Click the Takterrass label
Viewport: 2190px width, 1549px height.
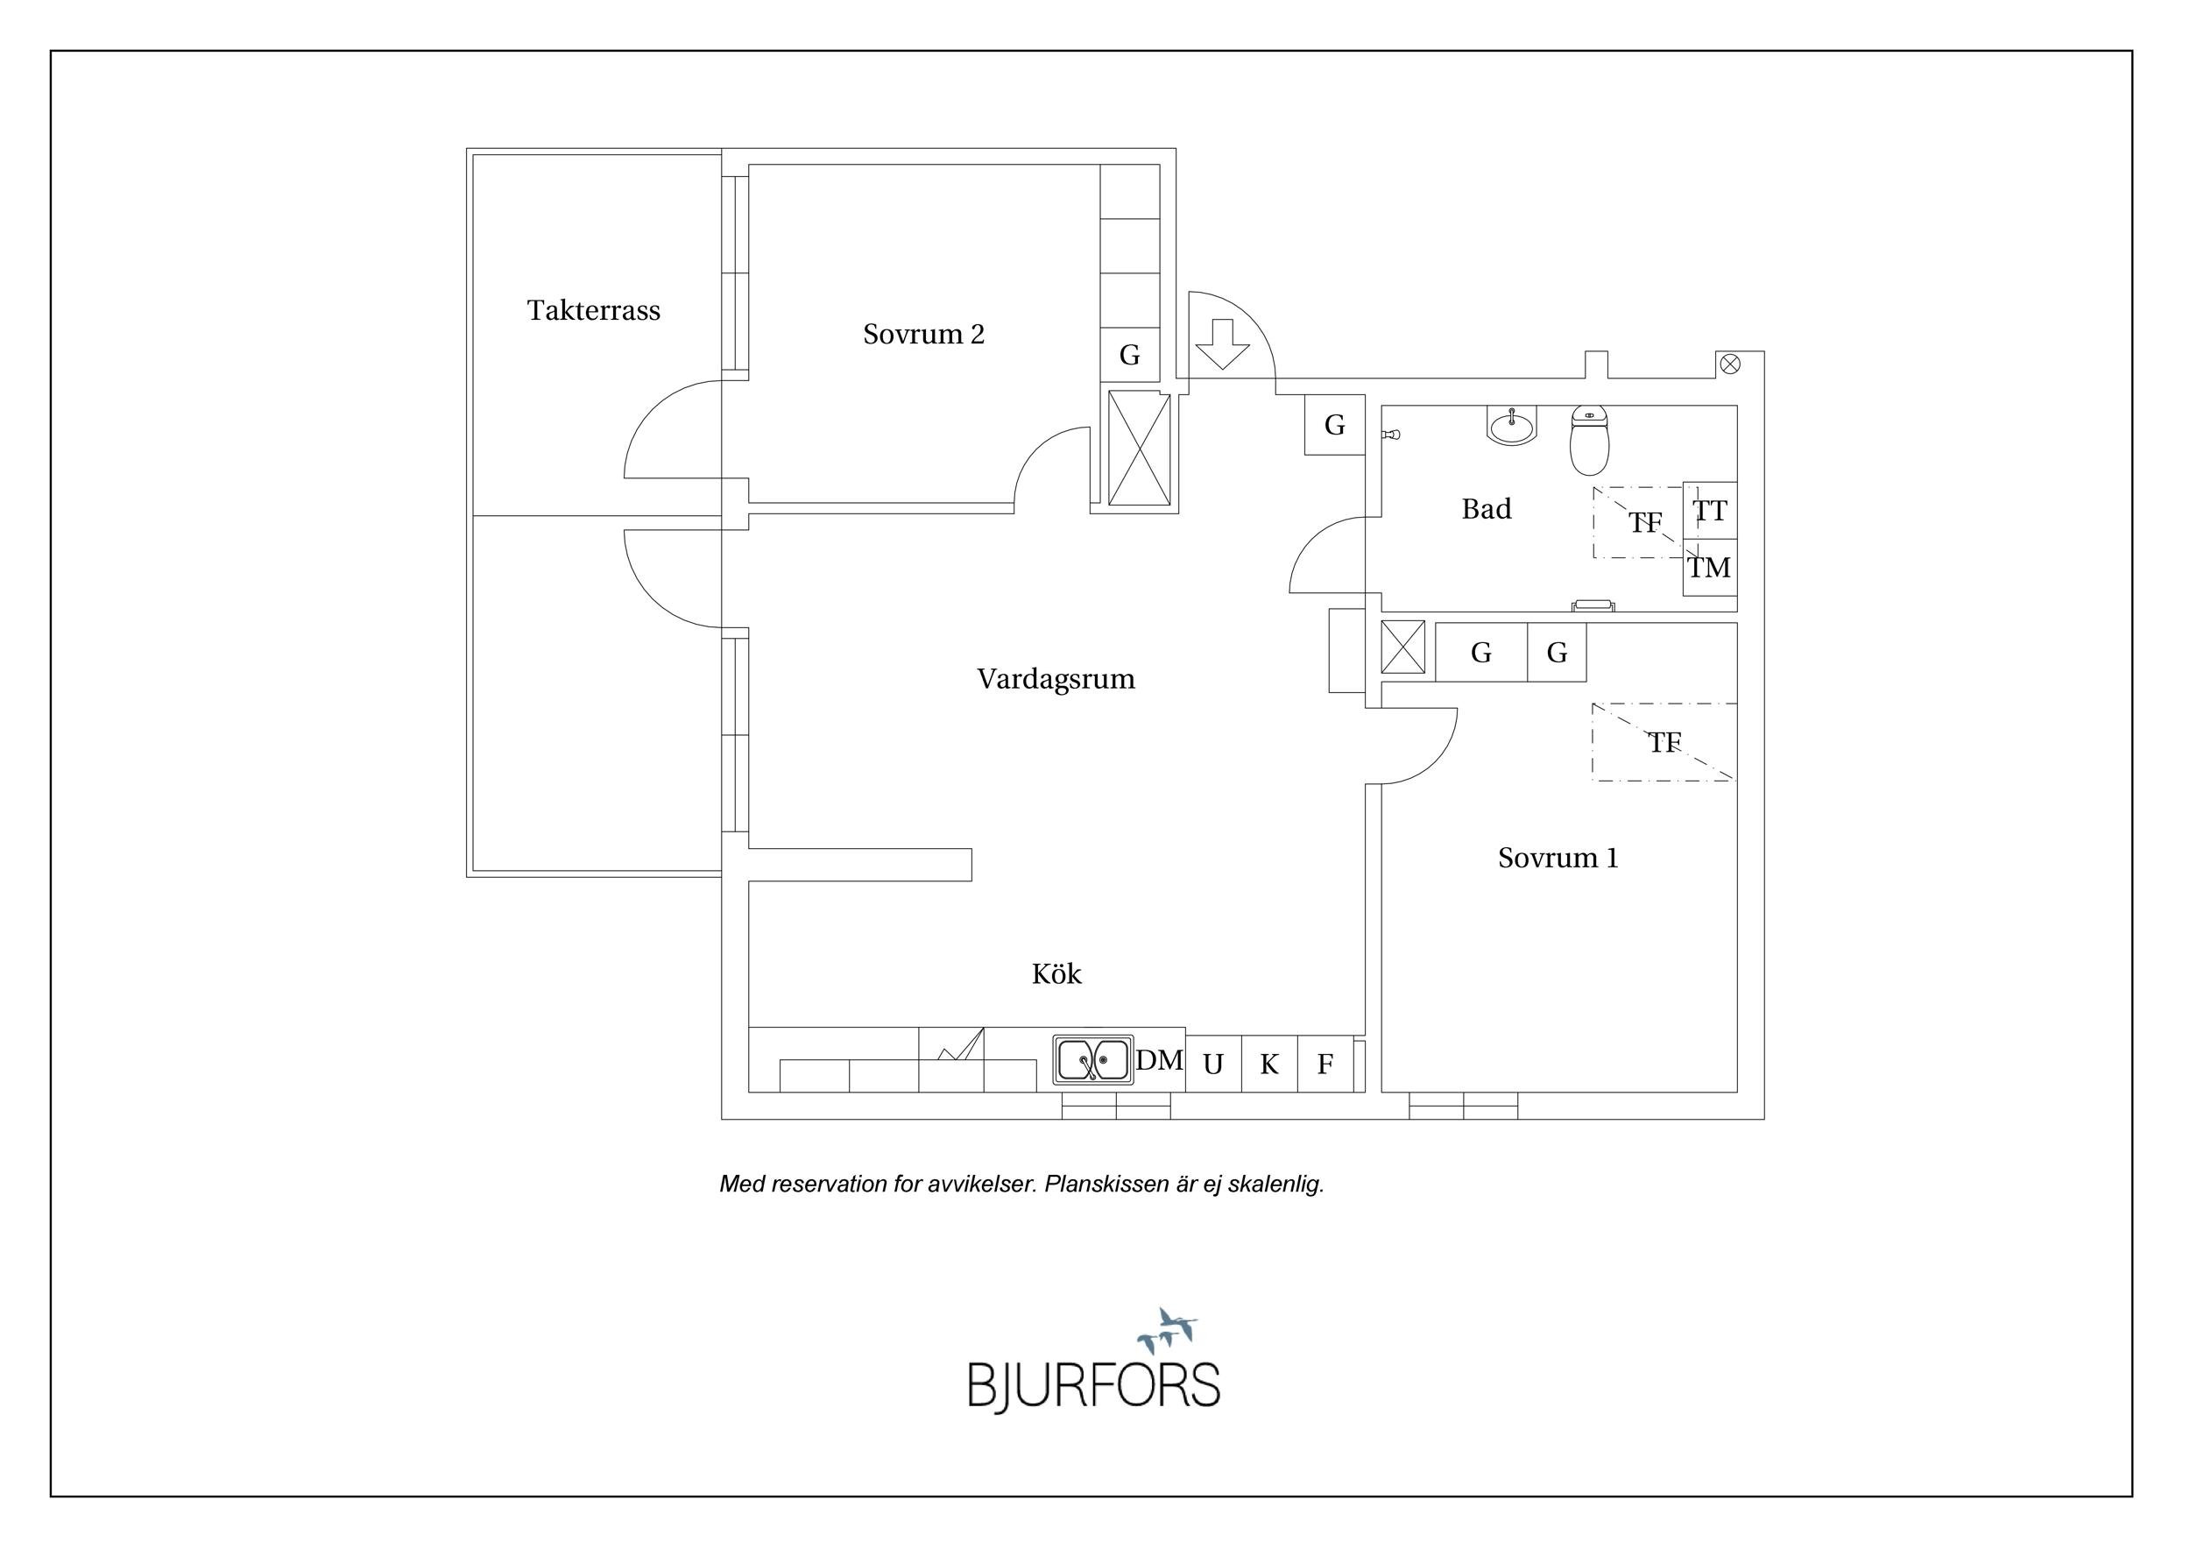click(x=593, y=310)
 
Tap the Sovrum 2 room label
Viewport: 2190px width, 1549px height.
click(x=923, y=334)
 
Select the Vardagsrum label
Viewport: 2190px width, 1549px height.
click(x=1056, y=679)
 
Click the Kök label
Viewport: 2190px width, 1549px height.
click(x=1056, y=974)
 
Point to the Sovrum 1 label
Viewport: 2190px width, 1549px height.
click(x=1558, y=858)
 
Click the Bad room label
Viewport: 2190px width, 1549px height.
click(x=1486, y=509)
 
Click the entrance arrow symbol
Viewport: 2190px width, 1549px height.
click(x=1222, y=343)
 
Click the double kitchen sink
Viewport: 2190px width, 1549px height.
click(x=1093, y=1060)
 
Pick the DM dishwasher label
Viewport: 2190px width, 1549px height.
click(x=1159, y=1060)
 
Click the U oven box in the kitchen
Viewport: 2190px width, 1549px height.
click(x=1212, y=1064)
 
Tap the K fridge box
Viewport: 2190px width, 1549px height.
click(x=1268, y=1064)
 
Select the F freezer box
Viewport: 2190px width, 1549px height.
click(x=1325, y=1064)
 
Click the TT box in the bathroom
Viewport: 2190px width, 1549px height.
click(x=1709, y=512)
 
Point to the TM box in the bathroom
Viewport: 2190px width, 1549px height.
click(x=1709, y=569)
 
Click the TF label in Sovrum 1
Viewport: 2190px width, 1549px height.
click(x=1664, y=742)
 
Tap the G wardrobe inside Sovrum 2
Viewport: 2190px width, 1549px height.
click(x=1129, y=355)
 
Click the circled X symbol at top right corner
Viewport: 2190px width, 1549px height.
click(x=1729, y=364)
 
